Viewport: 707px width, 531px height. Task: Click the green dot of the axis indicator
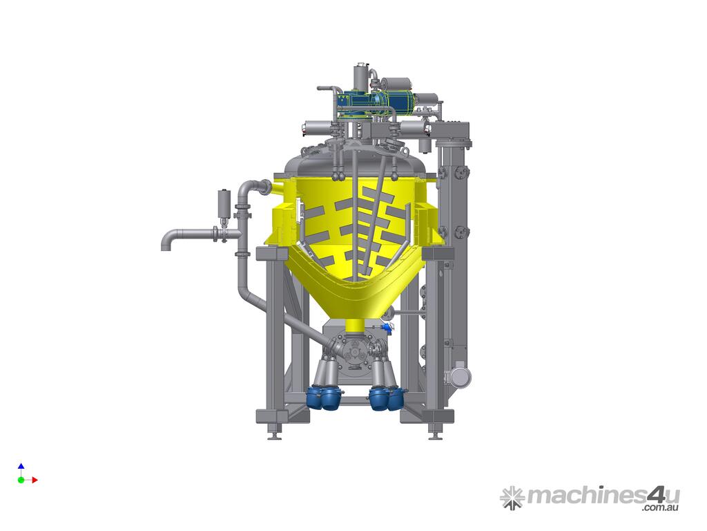tap(21, 480)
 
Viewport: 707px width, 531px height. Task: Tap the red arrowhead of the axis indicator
tap(35, 480)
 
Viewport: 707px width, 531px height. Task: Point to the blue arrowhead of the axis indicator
tap(21, 466)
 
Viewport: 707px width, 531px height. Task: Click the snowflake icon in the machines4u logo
tap(512, 498)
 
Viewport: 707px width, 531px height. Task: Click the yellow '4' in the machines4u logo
tap(656, 495)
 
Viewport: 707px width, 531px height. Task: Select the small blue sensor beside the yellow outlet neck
tap(385, 327)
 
